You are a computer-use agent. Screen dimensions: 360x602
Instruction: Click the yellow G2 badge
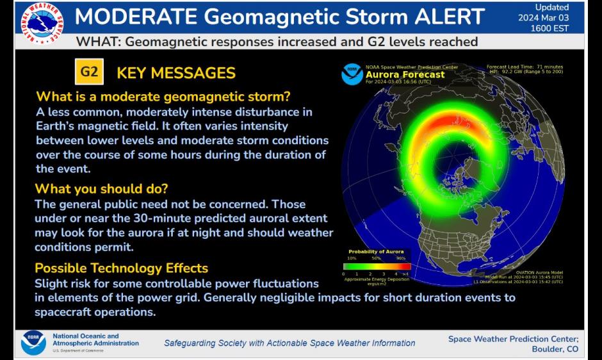click(x=89, y=72)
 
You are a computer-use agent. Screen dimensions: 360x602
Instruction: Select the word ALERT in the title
click(x=448, y=17)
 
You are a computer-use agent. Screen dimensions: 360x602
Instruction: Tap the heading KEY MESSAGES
click(x=176, y=73)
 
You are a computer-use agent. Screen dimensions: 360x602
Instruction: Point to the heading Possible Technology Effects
click(x=122, y=268)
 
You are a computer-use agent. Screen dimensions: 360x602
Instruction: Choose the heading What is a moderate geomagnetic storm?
click(x=163, y=97)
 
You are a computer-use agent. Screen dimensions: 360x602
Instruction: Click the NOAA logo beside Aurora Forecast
click(x=352, y=74)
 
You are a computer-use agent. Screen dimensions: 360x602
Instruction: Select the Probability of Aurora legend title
click(x=377, y=252)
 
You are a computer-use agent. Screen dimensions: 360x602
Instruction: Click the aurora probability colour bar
click(x=377, y=266)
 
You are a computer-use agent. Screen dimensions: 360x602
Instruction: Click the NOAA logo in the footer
click(x=33, y=343)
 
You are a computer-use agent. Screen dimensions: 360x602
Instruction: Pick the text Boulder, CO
click(x=555, y=349)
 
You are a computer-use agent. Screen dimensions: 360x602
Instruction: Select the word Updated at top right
click(x=551, y=7)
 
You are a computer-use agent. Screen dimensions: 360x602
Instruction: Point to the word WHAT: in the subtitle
click(x=97, y=42)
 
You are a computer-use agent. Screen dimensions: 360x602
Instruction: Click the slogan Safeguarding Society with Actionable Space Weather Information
click(x=289, y=343)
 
